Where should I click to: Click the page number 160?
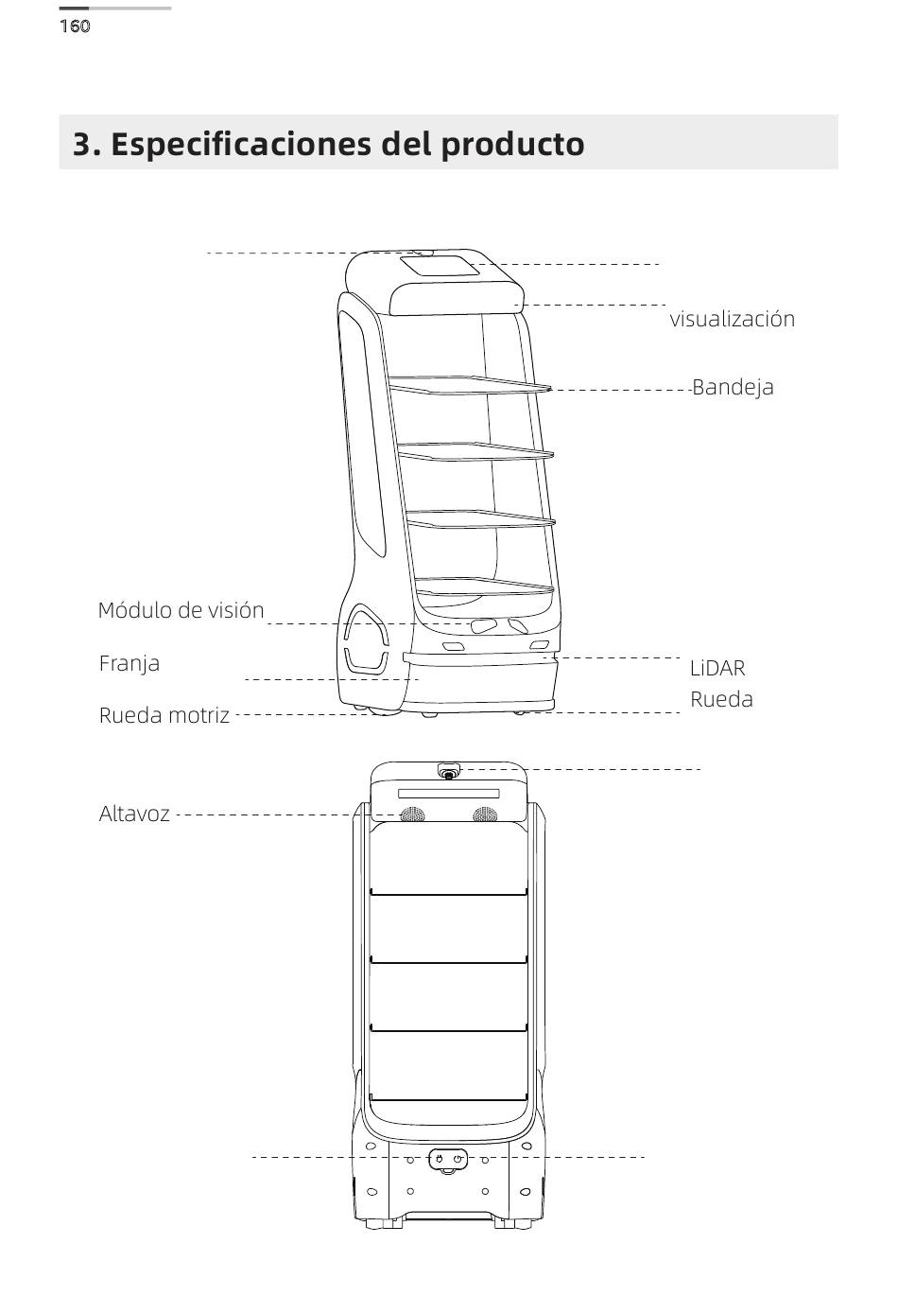click(x=75, y=26)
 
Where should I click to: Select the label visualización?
click(x=732, y=319)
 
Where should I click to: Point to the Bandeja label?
click(x=733, y=387)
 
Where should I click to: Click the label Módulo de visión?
click(x=181, y=610)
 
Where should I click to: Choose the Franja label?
click(x=130, y=663)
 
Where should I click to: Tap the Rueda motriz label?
click(x=164, y=715)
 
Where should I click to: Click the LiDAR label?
click(x=717, y=668)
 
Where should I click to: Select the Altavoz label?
click(x=134, y=814)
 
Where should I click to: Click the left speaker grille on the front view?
click(x=411, y=814)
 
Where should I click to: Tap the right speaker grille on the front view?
click(x=485, y=814)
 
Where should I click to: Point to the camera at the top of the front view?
click(x=448, y=773)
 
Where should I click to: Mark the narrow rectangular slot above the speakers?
click(x=448, y=793)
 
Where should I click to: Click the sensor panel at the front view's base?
click(x=448, y=1159)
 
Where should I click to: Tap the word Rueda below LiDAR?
click(x=721, y=700)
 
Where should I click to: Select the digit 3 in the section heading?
click(x=83, y=145)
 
